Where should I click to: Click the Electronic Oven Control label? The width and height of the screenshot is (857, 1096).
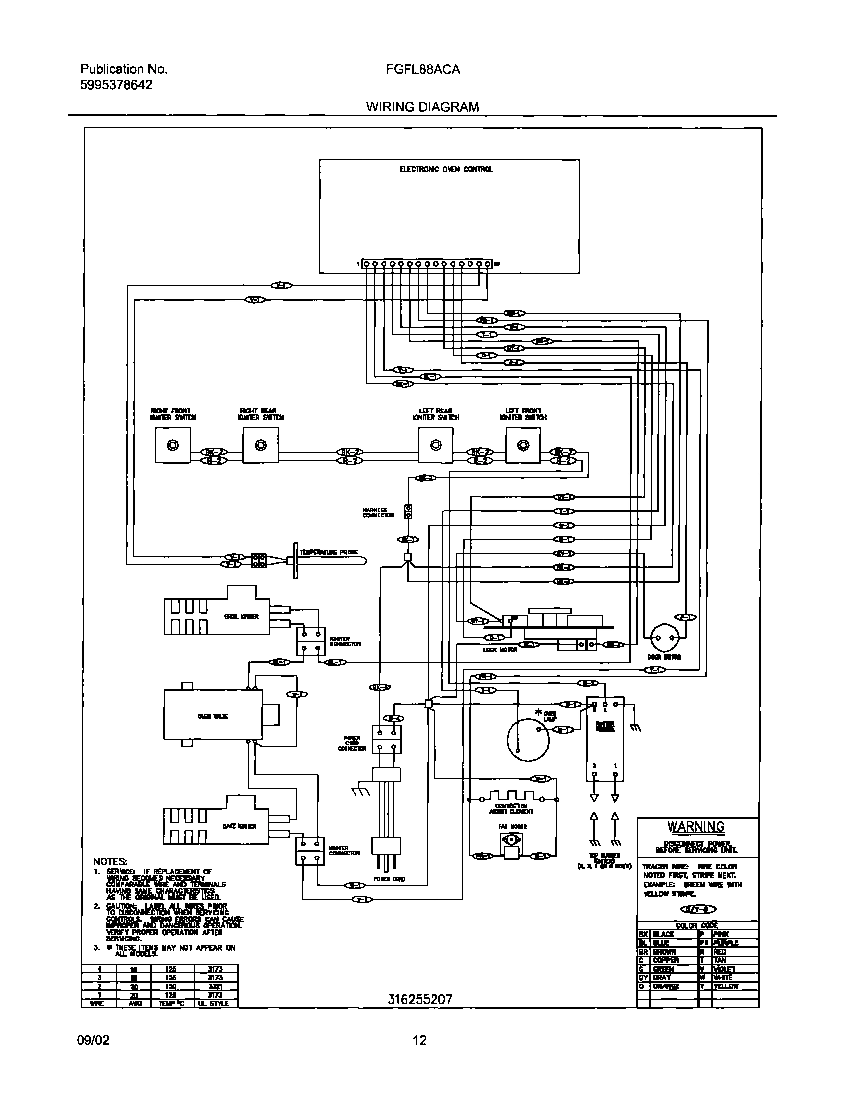click(x=446, y=169)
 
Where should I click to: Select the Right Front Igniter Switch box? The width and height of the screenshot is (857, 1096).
click(x=173, y=445)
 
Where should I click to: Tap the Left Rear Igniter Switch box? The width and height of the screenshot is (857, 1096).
click(x=436, y=445)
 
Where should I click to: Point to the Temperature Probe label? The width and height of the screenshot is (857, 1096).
click(x=329, y=552)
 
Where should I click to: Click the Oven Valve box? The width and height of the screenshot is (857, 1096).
click(x=213, y=716)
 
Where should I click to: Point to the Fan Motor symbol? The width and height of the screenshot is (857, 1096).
click(x=511, y=845)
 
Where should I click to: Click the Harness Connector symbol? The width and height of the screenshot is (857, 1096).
click(x=408, y=512)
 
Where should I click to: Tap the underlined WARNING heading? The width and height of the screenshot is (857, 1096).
click(x=696, y=827)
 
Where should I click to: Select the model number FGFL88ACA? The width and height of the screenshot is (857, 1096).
click(x=422, y=70)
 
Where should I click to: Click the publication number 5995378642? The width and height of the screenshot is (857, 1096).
click(x=116, y=85)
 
